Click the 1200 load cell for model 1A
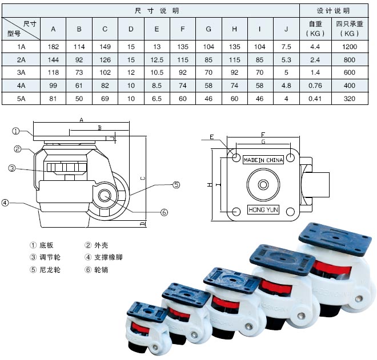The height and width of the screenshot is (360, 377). click(x=348, y=46)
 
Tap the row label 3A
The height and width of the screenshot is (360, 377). click(x=22, y=72)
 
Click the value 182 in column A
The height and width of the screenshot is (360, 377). click(x=53, y=46)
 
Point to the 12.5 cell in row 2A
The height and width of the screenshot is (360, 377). click(x=157, y=59)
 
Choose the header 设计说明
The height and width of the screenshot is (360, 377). click(x=334, y=11)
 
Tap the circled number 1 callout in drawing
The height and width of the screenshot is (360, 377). click(x=17, y=131)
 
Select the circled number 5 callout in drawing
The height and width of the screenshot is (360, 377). click(x=177, y=184)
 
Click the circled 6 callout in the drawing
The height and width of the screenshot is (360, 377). click(x=164, y=212)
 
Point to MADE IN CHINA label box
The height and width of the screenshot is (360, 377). click(x=263, y=160)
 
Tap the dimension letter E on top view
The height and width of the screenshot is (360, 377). click(x=211, y=137)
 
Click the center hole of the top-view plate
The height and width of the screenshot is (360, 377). click(x=263, y=185)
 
